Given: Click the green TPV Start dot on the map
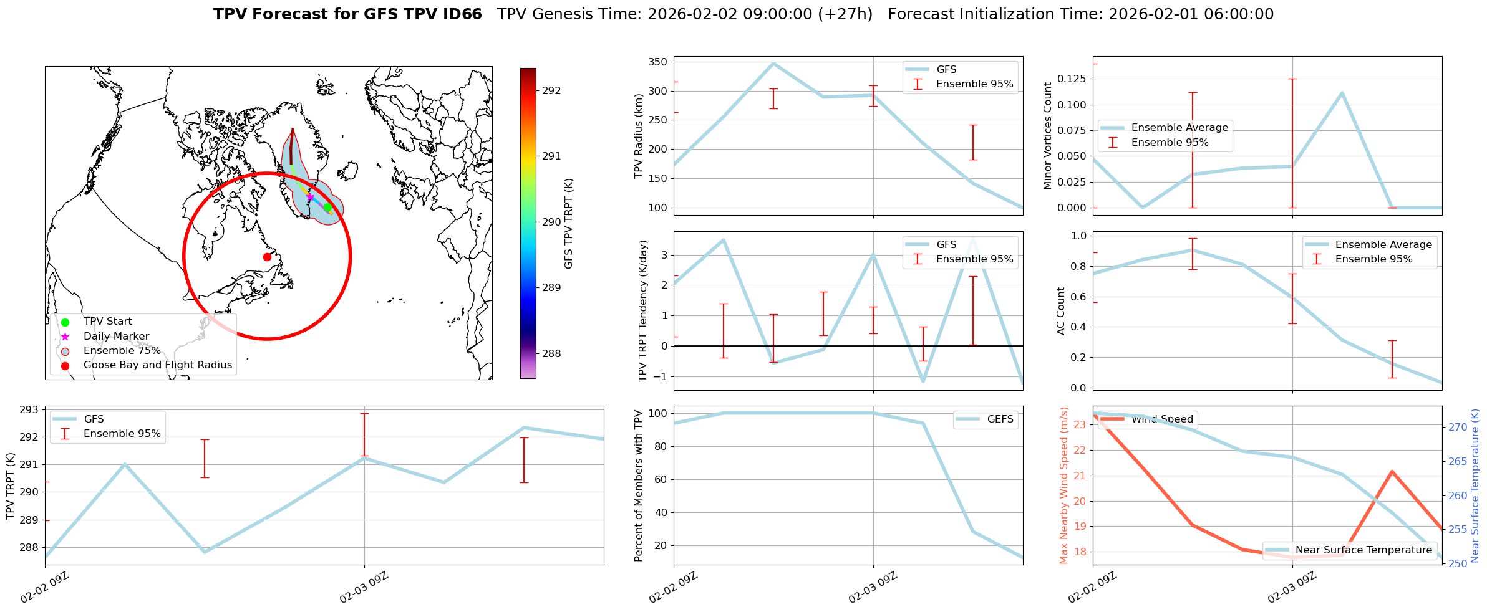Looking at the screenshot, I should coord(327,207).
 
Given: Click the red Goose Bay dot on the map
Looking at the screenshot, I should coord(267,257).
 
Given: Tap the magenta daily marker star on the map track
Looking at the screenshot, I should coord(310,197).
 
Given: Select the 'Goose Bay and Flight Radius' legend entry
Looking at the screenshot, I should coord(157,365).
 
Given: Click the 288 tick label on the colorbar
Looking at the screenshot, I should coord(551,353).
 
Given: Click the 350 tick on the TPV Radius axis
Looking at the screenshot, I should coord(659,62).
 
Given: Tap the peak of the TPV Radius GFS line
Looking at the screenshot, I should coord(773,63).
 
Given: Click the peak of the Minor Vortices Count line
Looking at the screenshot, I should coord(1342,93).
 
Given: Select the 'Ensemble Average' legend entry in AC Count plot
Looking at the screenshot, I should coord(1383,245).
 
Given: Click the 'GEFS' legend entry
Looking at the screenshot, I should coord(1000,419).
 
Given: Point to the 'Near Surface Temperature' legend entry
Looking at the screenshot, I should coord(1363,550).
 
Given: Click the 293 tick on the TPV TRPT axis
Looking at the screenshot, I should coord(29,409).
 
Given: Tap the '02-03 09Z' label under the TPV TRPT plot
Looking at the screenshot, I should coord(364,588).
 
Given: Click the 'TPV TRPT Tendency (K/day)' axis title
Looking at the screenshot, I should coord(643,310).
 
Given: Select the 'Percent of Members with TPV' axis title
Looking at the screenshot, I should coord(638,485).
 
